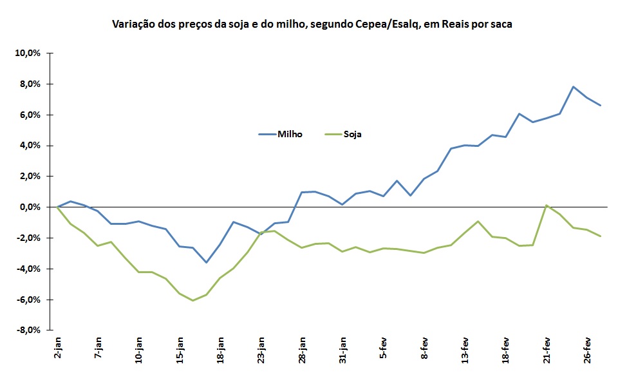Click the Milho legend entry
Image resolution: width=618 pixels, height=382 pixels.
coord(281,134)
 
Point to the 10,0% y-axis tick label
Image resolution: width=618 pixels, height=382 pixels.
coord(28,53)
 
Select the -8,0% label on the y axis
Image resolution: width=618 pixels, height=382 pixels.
coord(27,330)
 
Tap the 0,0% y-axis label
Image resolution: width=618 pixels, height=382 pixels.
coord(30,207)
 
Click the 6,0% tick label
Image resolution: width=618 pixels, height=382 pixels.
coord(30,115)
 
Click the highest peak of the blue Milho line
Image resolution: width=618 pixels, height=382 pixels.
coord(573,86)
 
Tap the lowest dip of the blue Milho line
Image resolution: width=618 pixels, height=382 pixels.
coord(207,262)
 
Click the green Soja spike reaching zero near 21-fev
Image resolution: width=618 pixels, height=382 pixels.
coord(546,205)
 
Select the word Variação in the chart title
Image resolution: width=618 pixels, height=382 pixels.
coord(132,24)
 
